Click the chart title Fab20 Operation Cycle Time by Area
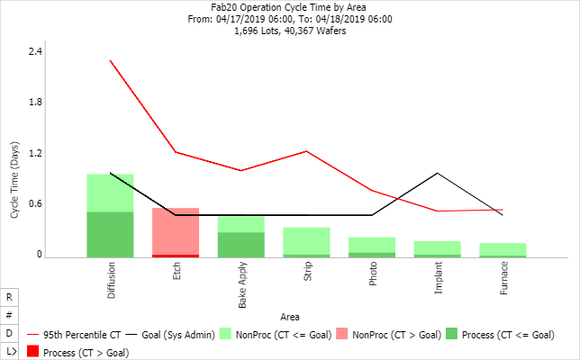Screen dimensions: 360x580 point(290,7)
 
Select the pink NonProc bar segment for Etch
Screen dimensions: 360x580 point(176,230)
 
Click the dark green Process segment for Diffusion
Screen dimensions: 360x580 point(110,234)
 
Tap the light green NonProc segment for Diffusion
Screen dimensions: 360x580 point(110,193)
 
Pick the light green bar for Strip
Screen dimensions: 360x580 point(306,240)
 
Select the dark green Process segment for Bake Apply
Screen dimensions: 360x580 point(240,245)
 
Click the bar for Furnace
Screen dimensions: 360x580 point(503,249)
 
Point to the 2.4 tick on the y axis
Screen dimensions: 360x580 point(35,51)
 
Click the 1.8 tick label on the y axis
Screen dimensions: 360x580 point(35,103)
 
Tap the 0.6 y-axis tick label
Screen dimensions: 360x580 point(35,204)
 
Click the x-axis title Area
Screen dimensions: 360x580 point(290,317)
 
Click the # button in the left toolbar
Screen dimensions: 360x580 point(9,315)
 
